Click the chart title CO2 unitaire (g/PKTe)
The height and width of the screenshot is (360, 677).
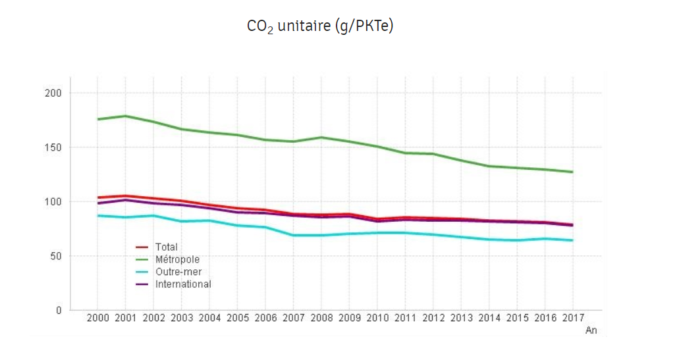[x=319, y=26]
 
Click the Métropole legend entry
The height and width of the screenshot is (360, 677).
[x=177, y=259]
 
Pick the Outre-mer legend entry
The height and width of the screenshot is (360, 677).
[x=178, y=272]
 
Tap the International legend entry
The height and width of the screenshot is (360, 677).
[x=183, y=284]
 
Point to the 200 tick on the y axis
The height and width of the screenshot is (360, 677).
[x=54, y=93]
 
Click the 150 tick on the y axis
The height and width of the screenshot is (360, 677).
[x=54, y=147]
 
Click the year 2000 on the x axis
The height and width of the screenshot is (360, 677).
[x=97, y=319]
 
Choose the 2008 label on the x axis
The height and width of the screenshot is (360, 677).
[x=321, y=319]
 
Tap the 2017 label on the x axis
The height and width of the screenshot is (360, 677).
[x=573, y=319]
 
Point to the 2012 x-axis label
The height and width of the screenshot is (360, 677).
[x=433, y=319]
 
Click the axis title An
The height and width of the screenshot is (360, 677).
[x=591, y=331]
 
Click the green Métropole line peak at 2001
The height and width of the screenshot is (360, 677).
[x=125, y=116]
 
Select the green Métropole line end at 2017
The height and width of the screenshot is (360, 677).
[x=572, y=172]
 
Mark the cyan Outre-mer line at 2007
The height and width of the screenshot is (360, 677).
[x=293, y=235]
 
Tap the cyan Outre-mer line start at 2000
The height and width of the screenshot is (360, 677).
[x=97, y=215]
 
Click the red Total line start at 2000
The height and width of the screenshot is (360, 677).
[x=97, y=197]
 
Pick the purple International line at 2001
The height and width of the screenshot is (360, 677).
[x=125, y=200]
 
